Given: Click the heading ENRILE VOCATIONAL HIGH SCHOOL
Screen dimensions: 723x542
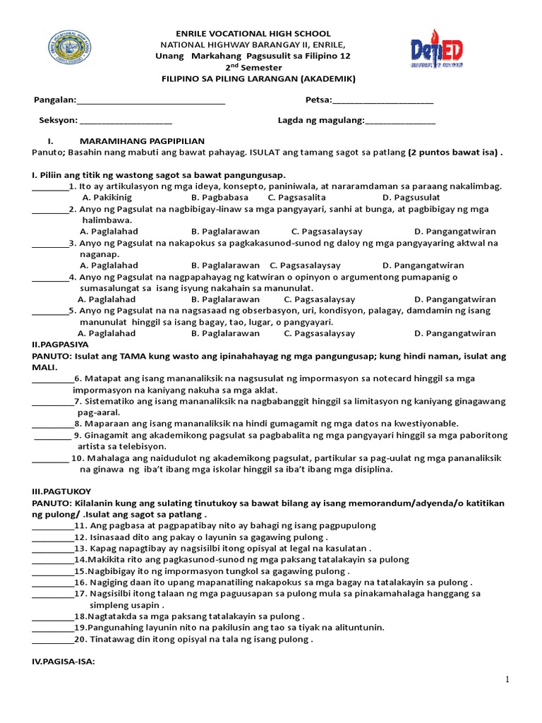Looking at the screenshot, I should [253, 33].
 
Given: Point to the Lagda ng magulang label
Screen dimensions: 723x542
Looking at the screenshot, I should [320, 121].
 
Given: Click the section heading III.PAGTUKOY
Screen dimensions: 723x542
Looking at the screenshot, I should [61, 491].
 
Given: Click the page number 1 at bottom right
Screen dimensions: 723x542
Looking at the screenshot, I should [507, 679].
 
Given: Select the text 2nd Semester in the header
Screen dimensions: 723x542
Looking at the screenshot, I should [253, 67].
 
